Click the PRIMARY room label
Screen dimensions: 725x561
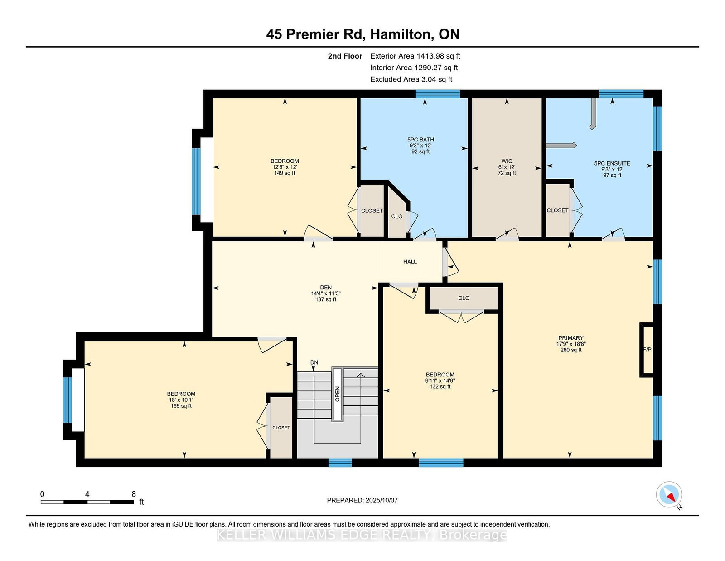[x=570, y=338]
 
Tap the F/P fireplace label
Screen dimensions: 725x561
[x=647, y=350]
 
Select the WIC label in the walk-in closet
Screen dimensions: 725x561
[x=507, y=161]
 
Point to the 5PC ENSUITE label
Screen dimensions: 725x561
[x=612, y=163]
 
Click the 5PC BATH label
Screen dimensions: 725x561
[x=420, y=140]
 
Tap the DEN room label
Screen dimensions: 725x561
[x=326, y=288]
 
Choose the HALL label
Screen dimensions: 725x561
[x=410, y=262]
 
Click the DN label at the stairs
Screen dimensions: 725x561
[x=314, y=362]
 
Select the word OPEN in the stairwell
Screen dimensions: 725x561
[x=337, y=394]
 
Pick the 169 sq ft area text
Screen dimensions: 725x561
[x=181, y=406]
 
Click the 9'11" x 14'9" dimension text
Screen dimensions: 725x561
[x=440, y=381]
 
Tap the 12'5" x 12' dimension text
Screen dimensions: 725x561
[x=285, y=167]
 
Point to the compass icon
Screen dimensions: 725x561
[x=669, y=495]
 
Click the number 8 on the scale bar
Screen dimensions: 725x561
[x=134, y=494]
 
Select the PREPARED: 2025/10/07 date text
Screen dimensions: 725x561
[x=362, y=500]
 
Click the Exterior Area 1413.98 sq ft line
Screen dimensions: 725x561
[x=415, y=56]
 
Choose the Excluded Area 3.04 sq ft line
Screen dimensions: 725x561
[x=411, y=79]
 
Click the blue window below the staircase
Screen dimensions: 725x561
[x=340, y=463]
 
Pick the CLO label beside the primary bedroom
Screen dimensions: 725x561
[x=464, y=298]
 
